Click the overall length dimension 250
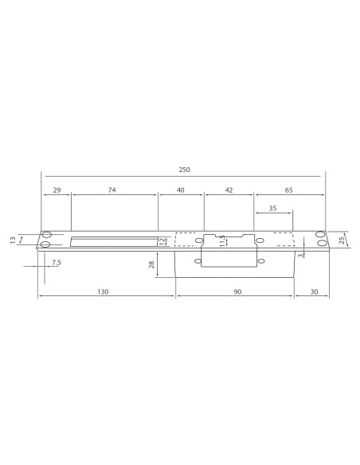click(x=184, y=170)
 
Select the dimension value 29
click(x=56, y=191)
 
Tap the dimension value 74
click(x=112, y=191)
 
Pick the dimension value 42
click(x=229, y=191)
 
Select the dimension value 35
click(x=273, y=208)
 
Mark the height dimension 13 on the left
click(x=12, y=240)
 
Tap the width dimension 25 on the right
click(x=342, y=240)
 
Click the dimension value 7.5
click(x=56, y=262)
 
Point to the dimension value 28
click(x=151, y=264)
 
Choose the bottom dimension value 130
click(x=103, y=292)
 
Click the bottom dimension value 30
click(x=313, y=292)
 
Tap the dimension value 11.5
click(x=222, y=239)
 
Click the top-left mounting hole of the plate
click(x=46, y=235)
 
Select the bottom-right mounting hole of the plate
click(x=320, y=244)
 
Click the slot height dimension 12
click(x=162, y=240)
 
